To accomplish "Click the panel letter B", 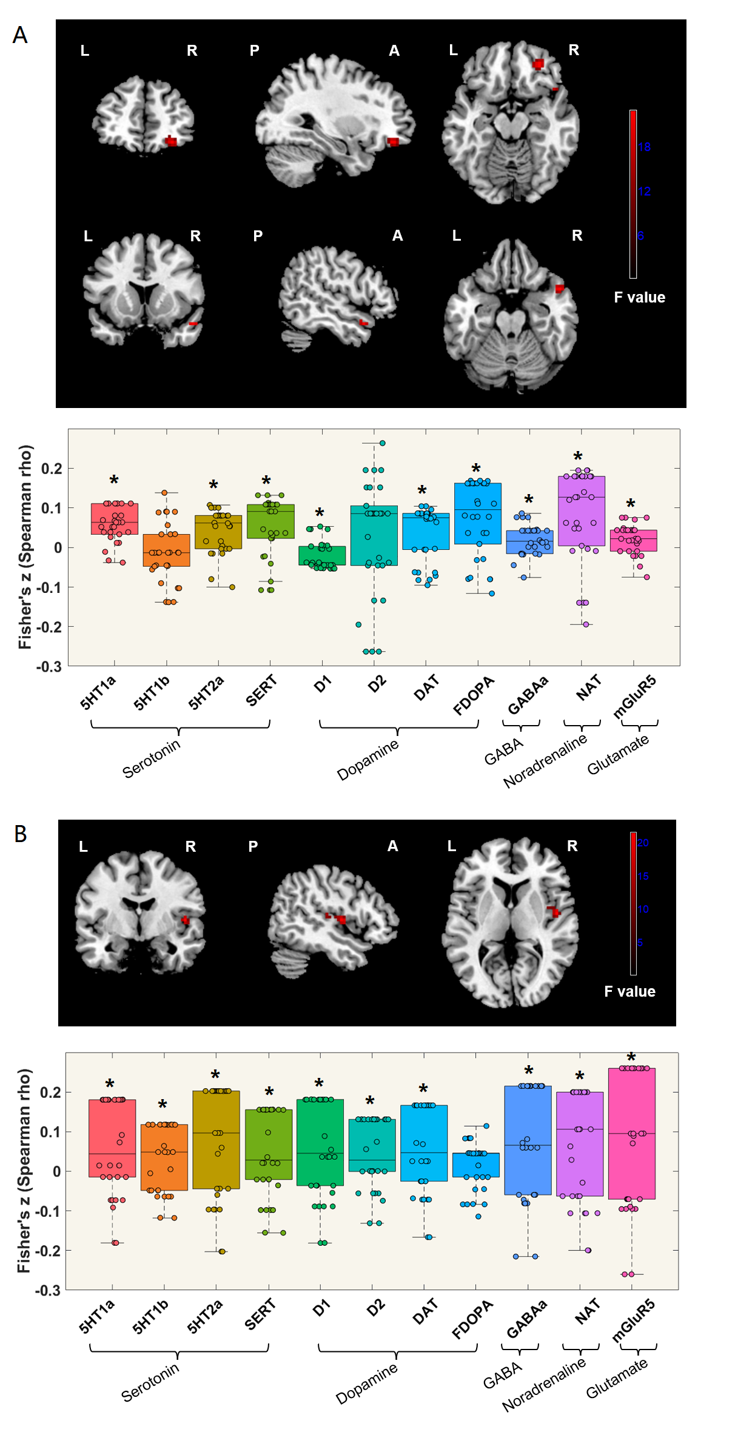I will [x=21, y=834].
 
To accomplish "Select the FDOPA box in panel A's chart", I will [x=478, y=513].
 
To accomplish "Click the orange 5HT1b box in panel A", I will [x=166, y=550].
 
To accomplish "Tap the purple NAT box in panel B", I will [x=580, y=1143].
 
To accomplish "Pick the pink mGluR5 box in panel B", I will [x=631, y=1133].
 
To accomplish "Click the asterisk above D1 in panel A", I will [x=320, y=513].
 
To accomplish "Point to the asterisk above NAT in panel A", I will [x=578, y=457].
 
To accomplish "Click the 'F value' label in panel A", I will [x=639, y=297].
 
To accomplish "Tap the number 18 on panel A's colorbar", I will [x=644, y=147].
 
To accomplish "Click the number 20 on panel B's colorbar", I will [x=643, y=842].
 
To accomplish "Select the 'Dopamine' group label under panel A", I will [x=367, y=759].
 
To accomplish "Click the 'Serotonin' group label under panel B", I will [x=150, y=1383].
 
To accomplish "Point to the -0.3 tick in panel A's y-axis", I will [x=49, y=666].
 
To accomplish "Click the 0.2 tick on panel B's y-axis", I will [x=50, y=1092].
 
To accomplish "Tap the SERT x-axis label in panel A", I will [x=261, y=691].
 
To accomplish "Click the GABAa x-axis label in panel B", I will [x=526, y=1318].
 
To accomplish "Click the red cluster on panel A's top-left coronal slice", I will [x=171, y=141].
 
